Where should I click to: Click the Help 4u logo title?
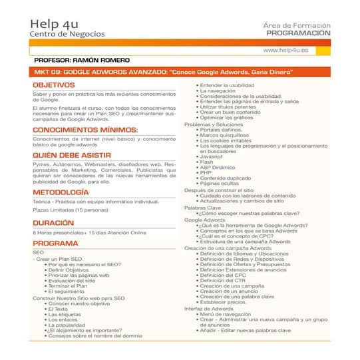58,25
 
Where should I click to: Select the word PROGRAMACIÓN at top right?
297,32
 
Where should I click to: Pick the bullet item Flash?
207,162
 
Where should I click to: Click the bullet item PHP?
206,172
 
